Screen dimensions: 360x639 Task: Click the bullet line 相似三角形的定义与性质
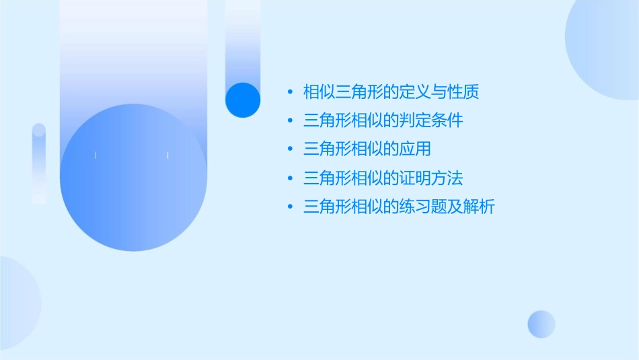(x=391, y=92)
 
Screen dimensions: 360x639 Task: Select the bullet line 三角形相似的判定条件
(x=383, y=121)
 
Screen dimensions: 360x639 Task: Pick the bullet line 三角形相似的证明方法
(x=383, y=179)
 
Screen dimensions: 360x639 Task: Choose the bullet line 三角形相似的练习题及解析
(x=399, y=207)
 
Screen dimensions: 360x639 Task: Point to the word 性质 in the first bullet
(x=463, y=92)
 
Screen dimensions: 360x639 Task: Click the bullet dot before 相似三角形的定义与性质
(x=289, y=92)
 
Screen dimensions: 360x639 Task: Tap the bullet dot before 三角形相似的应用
(x=289, y=150)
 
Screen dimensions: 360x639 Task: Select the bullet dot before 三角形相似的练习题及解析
(x=289, y=207)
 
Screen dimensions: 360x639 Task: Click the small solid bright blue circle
(x=243, y=100)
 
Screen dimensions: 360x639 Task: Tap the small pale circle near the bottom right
(x=541, y=324)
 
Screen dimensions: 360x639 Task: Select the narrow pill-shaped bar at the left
(x=39, y=164)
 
